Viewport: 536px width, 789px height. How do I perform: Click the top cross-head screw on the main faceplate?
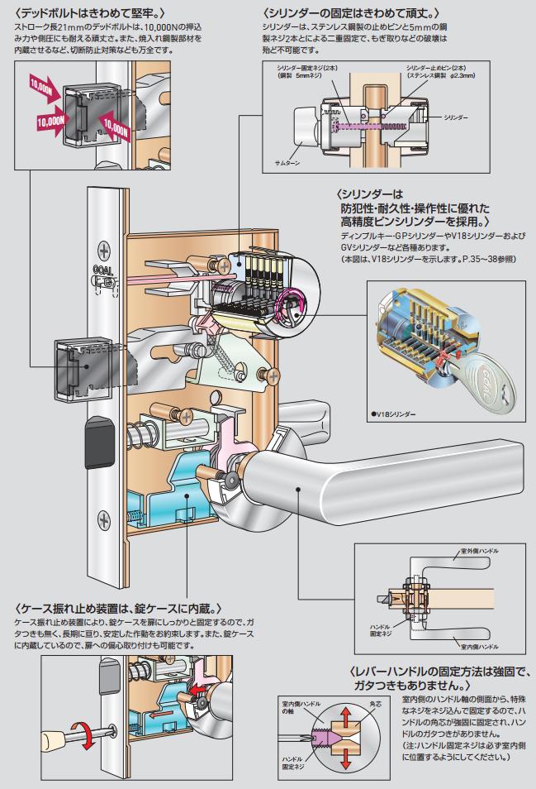pyautogui.click(x=103, y=248)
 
